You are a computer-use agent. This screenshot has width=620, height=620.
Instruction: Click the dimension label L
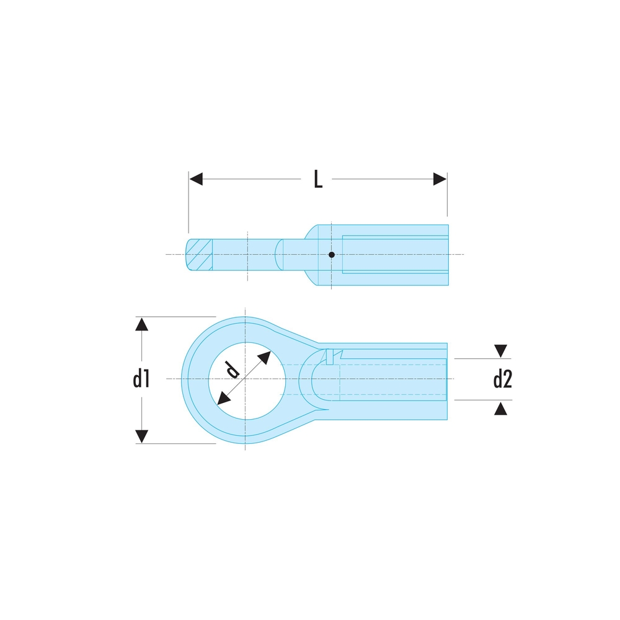click(x=318, y=179)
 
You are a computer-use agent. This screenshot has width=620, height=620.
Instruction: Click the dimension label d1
click(x=141, y=379)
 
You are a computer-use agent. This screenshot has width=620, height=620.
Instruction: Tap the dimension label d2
click(x=503, y=379)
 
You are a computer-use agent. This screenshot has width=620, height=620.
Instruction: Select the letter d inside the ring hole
click(x=232, y=370)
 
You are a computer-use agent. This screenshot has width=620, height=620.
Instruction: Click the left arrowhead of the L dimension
click(x=196, y=179)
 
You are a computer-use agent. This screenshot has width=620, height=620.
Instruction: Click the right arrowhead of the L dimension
click(x=440, y=179)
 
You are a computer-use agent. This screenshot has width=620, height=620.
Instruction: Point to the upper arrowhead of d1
click(x=141, y=324)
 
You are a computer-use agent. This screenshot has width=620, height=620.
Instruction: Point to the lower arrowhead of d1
click(x=141, y=436)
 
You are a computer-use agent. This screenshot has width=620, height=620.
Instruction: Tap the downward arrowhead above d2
click(x=500, y=351)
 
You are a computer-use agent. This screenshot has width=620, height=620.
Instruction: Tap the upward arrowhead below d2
click(x=500, y=409)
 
